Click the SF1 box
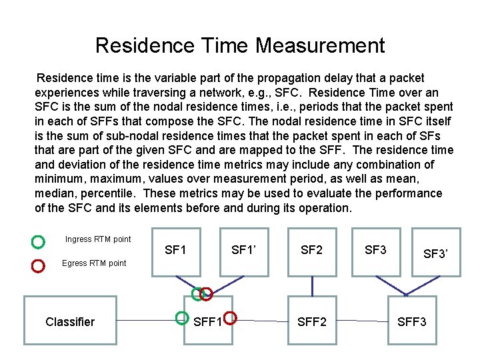[x=176, y=251]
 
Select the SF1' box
[x=244, y=251]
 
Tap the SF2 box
[x=311, y=251]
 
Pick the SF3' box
[x=435, y=254]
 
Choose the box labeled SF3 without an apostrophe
[x=375, y=251]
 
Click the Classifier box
[x=70, y=321]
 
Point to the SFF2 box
[x=311, y=321]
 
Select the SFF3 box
[x=412, y=321]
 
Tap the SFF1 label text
[x=208, y=322]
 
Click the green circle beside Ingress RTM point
[x=38, y=240]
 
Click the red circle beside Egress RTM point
[x=38, y=265]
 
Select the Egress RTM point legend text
[x=93, y=263]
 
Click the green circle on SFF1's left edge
[x=181, y=318]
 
